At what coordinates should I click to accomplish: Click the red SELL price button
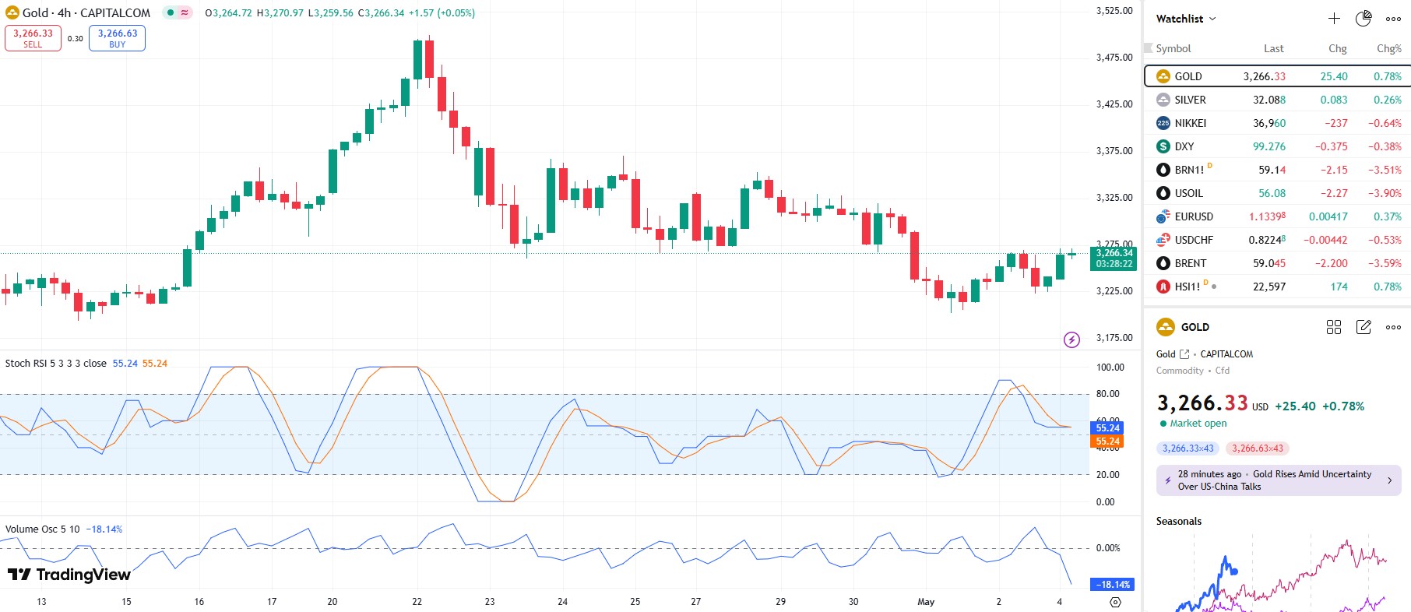click(33, 38)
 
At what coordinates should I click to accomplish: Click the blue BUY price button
click(117, 38)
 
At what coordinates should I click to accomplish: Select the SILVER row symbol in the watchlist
click(1190, 100)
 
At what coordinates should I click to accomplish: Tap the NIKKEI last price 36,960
click(1268, 123)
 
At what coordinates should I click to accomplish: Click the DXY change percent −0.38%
click(1384, 146)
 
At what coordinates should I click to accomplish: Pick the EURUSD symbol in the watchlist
click(1194, 216)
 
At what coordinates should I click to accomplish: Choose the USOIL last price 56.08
click(1272, 193)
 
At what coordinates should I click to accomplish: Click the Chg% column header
click(1388, 48)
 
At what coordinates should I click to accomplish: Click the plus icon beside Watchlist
click(1334, 19)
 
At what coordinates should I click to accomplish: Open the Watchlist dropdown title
click(1185, 19)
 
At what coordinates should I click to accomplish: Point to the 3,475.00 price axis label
click(1114, 58)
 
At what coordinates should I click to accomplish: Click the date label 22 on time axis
click(417, 602)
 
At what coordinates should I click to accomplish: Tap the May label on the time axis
click(926, 602)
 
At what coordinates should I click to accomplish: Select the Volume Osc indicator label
click(42, 529)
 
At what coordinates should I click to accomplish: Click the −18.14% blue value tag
click(1114, 585)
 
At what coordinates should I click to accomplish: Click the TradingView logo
click(69, 575)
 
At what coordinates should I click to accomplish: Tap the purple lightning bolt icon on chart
click(1071, 339)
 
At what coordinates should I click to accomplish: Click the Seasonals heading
click(1178, 522)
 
